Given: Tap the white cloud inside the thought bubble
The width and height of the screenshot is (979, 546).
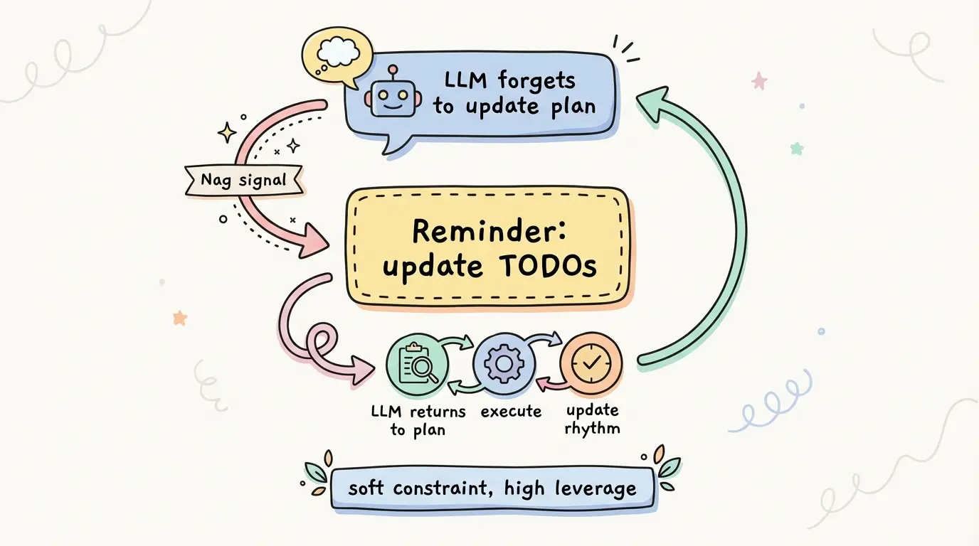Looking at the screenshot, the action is [x=337, y=50].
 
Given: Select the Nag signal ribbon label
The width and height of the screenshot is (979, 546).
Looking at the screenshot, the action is [x=243, y=180].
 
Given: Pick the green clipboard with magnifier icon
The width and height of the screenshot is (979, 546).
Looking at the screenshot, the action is [x=417, y=364].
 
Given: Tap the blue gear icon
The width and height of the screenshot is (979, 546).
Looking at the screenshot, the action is [x=504, y=363].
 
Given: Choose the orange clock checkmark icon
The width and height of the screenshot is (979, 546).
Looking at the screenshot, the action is [x=591, y=363].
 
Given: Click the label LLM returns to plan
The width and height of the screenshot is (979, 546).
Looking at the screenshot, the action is [x=418, y=421].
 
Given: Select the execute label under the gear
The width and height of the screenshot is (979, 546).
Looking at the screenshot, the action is [x=511, y=412].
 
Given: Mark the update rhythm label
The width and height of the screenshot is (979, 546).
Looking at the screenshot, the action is [x=592, y=419].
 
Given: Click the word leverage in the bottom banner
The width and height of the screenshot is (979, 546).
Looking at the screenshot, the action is [x=596, y=488].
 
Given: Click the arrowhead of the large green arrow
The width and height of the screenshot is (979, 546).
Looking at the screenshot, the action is [x=652, y=104].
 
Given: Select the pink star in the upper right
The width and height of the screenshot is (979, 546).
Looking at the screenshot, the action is [x=759, y=81].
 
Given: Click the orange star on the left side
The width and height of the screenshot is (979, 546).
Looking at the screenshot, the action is [x=179, y=318].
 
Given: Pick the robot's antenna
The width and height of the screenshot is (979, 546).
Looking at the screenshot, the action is [x=393, y=73].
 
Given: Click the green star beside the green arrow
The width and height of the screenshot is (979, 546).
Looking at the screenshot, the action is [x=797, y=149].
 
